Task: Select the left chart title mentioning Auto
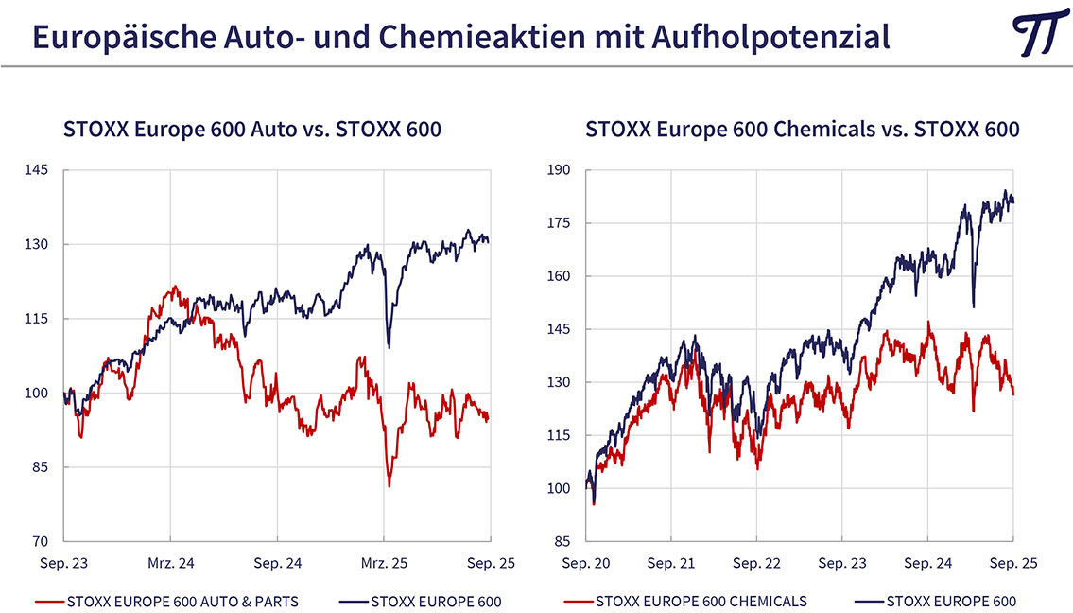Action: (251, 129)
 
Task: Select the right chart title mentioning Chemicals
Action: (802, 129)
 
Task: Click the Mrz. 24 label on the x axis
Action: (171, 563)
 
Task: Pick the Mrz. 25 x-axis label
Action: (384, 563)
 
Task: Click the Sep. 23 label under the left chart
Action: (64, 563)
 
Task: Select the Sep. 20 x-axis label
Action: (587, 563)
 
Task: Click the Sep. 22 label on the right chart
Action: (757, 563)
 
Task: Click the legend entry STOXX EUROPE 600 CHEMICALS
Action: (701, 601)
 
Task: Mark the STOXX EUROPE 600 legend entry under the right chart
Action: (950, 601)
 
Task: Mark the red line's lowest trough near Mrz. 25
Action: (389, 486)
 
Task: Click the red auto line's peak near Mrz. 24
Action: (175, 287)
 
